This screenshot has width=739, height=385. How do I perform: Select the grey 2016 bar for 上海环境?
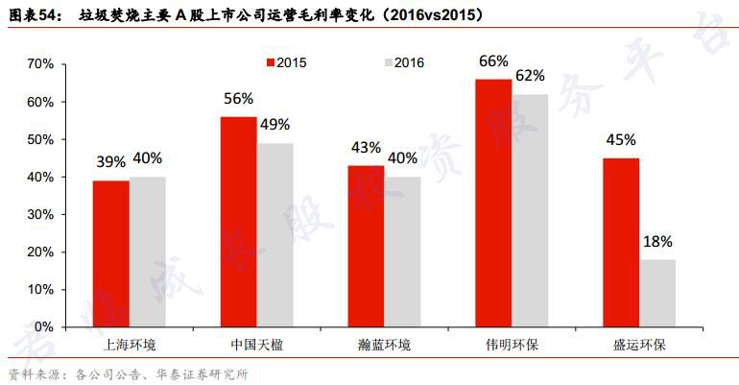click(148, 252)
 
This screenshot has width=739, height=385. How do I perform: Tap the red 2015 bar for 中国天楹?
click(239, 222)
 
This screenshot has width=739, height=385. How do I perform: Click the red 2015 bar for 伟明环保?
click(493, 203)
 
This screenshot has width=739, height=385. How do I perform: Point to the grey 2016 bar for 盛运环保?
click(657, 293)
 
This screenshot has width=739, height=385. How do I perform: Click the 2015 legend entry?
click(285, 63)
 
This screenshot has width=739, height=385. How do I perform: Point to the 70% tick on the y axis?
click(42, 64)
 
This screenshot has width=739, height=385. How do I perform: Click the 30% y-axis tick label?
click(42, 214)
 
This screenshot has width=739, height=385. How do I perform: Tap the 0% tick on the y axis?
click(46, 326)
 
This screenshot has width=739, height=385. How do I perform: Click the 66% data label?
click(492, 62)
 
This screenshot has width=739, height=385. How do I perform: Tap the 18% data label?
click(657, 242)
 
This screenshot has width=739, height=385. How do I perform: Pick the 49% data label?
click(274, 125)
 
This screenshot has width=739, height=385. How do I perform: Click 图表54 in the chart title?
click(32, 16)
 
